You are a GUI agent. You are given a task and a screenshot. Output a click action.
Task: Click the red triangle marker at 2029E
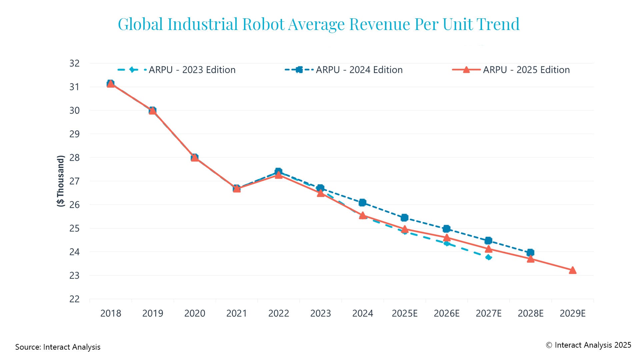(572, 270)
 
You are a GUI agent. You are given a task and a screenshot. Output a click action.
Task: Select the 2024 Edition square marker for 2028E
(530, 253)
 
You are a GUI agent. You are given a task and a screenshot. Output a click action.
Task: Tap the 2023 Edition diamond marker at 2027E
(489, 257)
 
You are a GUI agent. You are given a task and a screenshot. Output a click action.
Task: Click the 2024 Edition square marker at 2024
(362, 203)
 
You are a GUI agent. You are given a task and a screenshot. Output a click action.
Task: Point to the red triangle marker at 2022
(279, 175)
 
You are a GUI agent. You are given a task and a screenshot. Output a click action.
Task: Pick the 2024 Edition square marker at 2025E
(404, 218)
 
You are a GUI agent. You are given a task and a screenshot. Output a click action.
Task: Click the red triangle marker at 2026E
(447, 238)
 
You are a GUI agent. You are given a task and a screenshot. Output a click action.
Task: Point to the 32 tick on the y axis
(75, 63)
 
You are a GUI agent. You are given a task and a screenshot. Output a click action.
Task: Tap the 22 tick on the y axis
(75, 299)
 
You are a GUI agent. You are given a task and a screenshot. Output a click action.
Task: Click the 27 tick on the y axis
(75, 181)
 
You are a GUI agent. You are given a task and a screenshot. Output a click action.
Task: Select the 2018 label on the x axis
(111, 313)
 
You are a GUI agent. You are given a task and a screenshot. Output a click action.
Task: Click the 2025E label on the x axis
(404, 313)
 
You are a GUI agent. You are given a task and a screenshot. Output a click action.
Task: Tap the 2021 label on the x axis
(236, 313)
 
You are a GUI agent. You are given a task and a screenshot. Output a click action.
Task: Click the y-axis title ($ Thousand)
(60, 181)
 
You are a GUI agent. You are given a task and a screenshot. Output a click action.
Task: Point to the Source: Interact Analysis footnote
(58, 347)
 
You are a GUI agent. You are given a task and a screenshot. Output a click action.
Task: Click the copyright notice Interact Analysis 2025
(588, 345)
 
